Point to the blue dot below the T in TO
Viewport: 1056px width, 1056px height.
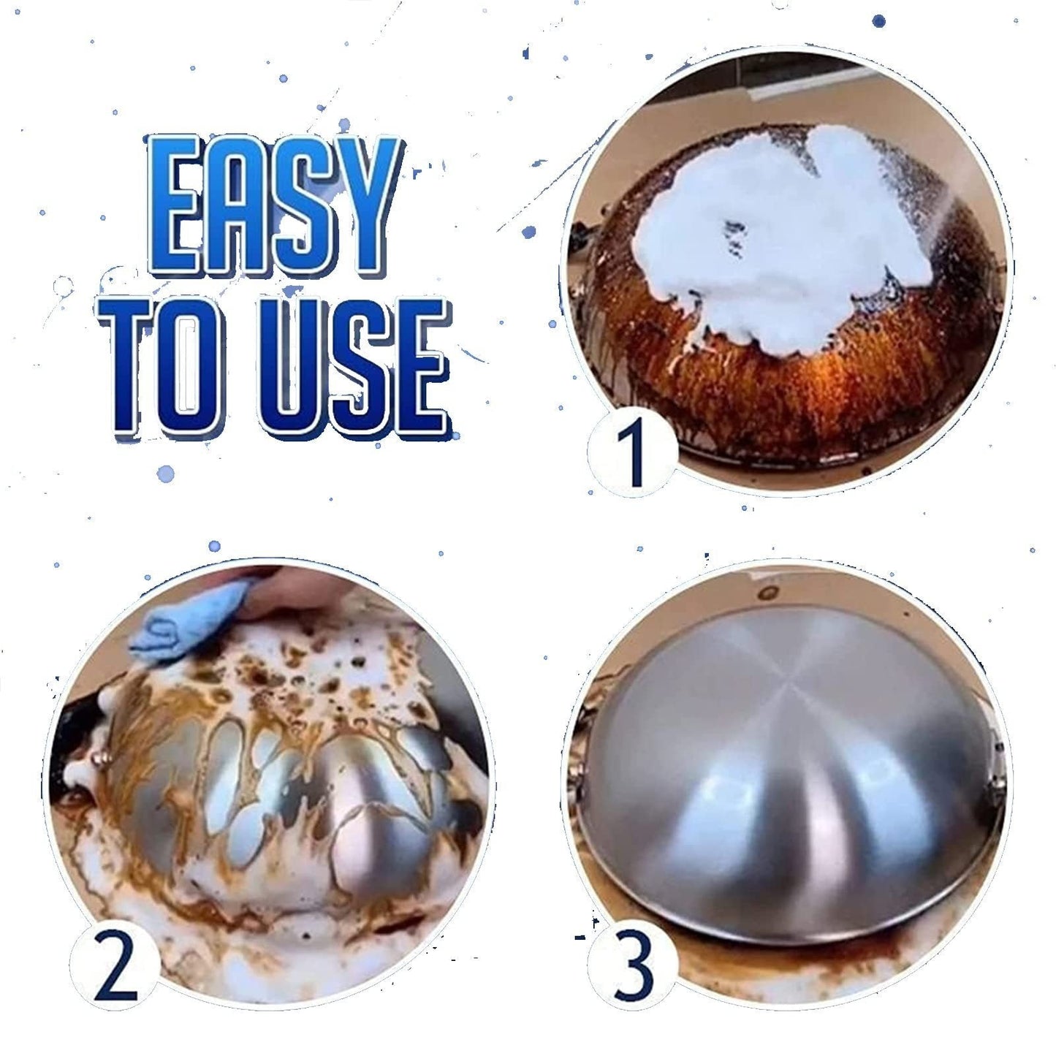pyautogui.click(x=165, y=474)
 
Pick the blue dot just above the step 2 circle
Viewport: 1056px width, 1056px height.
pyautogui.click(x=214, y=546)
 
